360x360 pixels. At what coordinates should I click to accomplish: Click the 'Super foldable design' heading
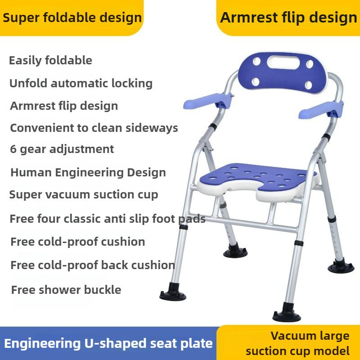click(72, 18)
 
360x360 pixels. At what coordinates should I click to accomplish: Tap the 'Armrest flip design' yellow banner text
click(288, 18)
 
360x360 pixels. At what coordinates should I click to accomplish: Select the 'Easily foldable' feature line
click(50, 60)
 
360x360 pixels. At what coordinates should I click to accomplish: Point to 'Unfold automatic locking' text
click(81, 83)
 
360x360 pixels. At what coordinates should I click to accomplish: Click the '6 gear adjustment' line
click(62, 149)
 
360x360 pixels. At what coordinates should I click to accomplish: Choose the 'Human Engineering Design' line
click(88, 172)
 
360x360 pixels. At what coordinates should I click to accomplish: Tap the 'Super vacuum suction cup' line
click(84, 195)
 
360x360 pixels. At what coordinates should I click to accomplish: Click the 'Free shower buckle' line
click(66, 289)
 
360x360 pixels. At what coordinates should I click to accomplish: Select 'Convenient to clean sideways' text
click(94, 128)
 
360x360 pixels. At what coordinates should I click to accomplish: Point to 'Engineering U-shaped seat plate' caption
click(108, 344)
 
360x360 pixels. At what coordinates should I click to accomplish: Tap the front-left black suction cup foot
click(172, 294)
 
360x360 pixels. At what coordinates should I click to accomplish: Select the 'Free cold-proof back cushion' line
click(92, 265)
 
